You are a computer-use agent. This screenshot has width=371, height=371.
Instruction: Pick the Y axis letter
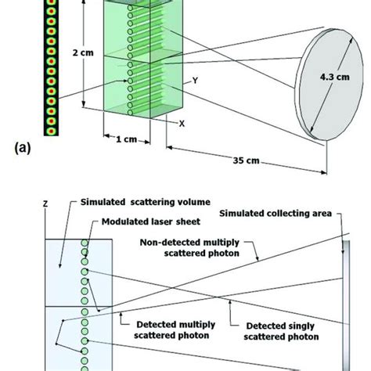[x=185, y=80]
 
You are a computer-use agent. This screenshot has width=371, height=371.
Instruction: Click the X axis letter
[x=182, y=124]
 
